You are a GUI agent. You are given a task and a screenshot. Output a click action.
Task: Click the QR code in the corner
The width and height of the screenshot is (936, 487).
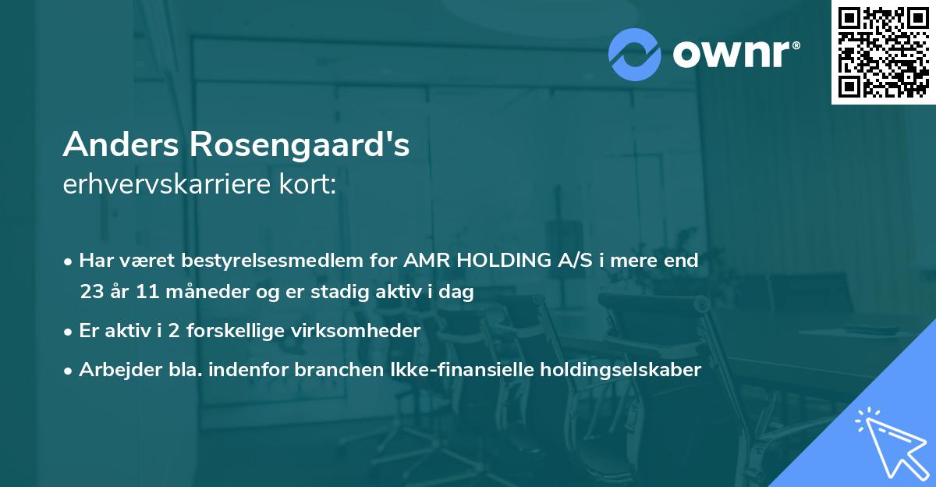(x=882, y=52)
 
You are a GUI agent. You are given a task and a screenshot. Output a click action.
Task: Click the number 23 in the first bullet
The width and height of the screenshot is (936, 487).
(x=92, y=292)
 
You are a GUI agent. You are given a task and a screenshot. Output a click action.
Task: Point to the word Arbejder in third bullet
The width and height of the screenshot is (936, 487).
(x=113, y=370)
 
